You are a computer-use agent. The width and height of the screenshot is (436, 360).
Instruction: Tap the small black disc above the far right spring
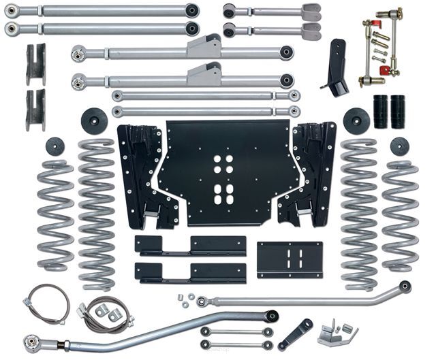400,146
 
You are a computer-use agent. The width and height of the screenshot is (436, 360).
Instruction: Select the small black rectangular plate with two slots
290,258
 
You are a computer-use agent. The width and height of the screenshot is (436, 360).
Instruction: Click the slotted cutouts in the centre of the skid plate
223,179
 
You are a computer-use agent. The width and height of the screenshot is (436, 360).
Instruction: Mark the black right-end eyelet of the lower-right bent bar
405,287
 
